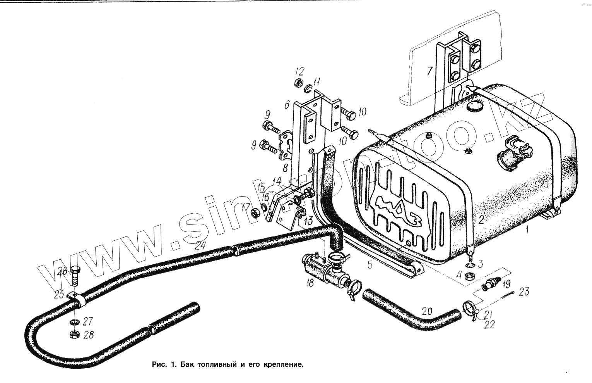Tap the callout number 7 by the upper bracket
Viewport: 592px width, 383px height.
[429, 71]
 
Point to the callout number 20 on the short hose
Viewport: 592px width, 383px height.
[427, 311]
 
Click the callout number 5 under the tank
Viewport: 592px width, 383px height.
[370, 265]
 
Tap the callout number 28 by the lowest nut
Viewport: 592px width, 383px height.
[88, 335]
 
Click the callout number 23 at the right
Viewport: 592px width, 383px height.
[524, 291]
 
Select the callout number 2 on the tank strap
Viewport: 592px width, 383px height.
[481, 220]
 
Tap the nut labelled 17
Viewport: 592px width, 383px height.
[255, 213]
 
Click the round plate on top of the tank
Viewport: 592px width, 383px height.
[474, 106]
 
